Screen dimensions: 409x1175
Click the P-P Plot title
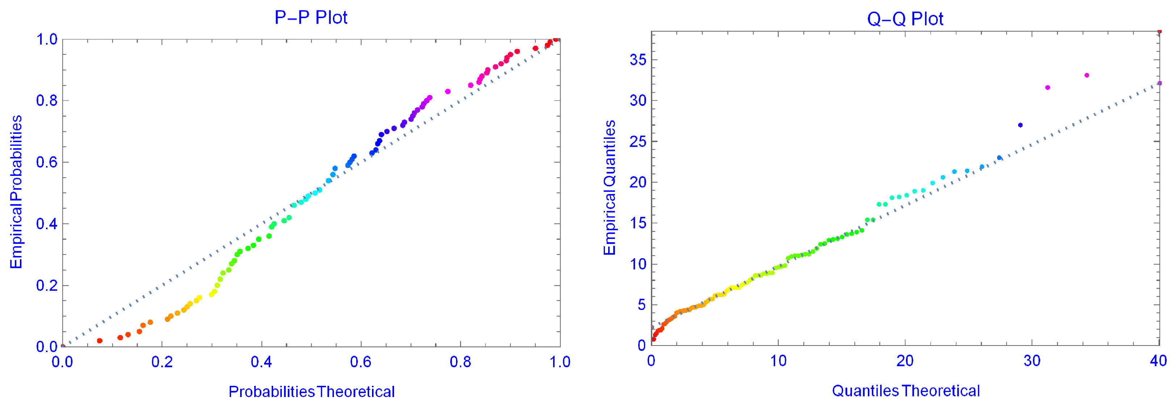coord(311,18)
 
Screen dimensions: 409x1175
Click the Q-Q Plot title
coord(905,19)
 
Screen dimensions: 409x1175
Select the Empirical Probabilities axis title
coord(16,192)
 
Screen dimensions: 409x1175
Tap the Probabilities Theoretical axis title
coord(311,392)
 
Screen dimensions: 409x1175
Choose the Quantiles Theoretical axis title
coord(906,391)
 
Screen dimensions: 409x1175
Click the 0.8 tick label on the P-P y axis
coord(47,100)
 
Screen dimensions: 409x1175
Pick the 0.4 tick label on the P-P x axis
coord(262,362)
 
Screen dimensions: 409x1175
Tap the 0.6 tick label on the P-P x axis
coord(361,362)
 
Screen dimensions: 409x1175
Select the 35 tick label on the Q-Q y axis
coord(638,60)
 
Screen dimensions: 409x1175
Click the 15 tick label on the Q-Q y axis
coord(638,223)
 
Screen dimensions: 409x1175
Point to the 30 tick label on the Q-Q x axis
coord(1032,361)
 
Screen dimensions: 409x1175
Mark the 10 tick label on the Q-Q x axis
coord(778,361)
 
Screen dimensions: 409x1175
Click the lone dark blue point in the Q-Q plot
coord(1020,125)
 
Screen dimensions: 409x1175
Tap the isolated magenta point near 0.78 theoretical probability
coord(447,92)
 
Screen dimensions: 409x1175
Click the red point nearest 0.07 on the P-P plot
coord(100,341)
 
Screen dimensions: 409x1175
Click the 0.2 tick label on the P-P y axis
coord(47,285)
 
